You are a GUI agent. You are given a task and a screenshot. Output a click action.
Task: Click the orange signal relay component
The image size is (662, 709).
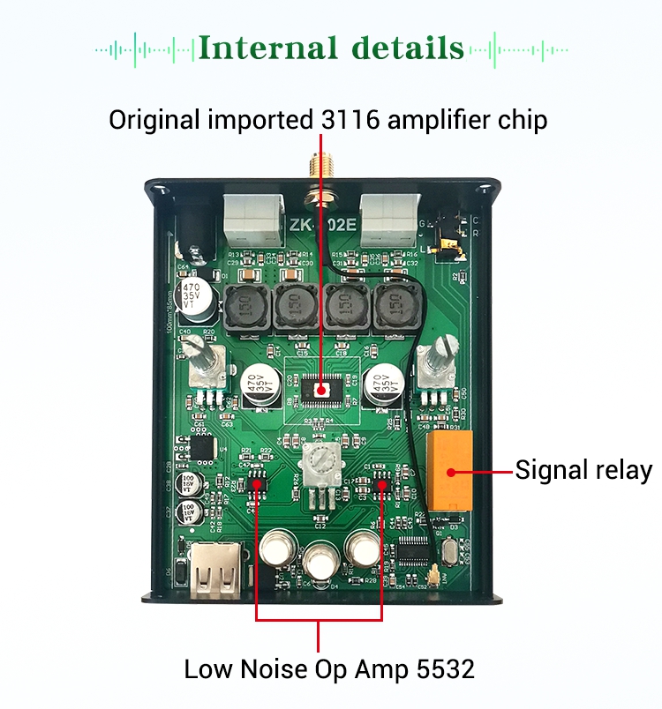click(x=450, y=470)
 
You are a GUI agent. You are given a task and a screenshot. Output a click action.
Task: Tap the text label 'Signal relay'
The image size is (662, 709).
click(x=583, y=469)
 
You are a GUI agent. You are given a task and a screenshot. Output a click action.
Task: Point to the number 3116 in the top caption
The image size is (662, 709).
click(x=350, y=119)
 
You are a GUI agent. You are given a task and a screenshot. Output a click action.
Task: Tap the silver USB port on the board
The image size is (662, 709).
click(x=213, y=572)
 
